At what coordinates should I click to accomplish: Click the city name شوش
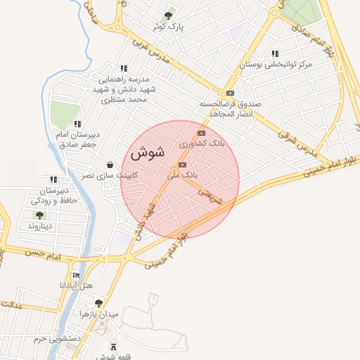coord(147,152)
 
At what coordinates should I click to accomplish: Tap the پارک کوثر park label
coord(169,27)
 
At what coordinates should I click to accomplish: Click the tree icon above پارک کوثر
coord(168,15)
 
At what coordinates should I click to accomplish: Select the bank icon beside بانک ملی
coord(183,165)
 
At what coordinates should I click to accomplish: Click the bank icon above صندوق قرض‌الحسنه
coord(230,93)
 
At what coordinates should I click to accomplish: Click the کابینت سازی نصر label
coord(110,175)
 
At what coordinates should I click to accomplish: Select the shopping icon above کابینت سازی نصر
coord(110,165)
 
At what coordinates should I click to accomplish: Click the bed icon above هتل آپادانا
coord(76,275)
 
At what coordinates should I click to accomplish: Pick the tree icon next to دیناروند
coord(39,216)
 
